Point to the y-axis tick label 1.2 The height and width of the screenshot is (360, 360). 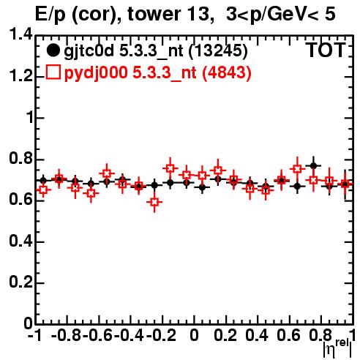coord(20,76)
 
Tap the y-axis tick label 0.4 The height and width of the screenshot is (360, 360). coord(20,241)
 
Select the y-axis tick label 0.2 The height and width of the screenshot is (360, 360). coord(20,282)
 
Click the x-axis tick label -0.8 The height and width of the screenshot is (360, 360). coord(67,336)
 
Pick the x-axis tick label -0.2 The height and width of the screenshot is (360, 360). coord(161,336)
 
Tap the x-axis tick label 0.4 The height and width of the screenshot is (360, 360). coord(257,336)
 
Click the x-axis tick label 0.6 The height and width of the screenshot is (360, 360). coord(288,336)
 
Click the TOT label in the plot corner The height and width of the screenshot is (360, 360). coord(326,50)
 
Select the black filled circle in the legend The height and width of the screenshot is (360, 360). coord(53,50)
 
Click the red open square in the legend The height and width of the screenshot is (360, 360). coord(53,72)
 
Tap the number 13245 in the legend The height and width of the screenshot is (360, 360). coord(218,50)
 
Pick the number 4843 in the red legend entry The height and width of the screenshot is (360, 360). coord(227,72)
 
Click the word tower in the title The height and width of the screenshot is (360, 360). coord(154,14)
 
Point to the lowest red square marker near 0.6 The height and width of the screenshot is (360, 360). coord(154,202)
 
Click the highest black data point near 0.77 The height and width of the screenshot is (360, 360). coord(314,166)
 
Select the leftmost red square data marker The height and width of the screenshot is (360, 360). coord(43,190)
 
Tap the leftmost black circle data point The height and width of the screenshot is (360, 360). coord(43,181)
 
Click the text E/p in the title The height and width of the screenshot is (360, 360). coord(50,15)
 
